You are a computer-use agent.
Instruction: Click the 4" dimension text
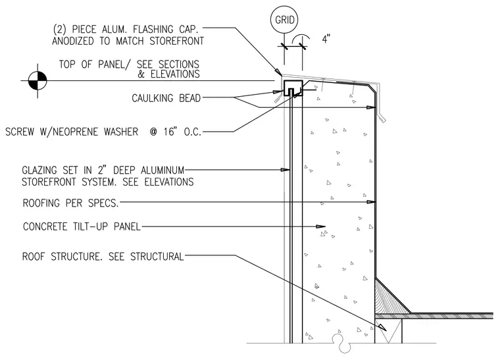[326, 39]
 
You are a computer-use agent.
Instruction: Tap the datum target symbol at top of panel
[37, 81]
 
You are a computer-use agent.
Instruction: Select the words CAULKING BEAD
[166, 98]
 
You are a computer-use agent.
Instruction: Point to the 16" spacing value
[170, 132]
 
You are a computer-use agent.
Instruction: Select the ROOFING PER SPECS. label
[70, 203]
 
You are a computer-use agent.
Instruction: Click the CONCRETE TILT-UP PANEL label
[82, 226]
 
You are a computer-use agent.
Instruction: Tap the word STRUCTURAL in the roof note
[157, 257]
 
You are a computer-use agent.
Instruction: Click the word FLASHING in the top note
[153, 30]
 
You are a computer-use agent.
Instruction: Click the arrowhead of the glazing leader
[286, 170]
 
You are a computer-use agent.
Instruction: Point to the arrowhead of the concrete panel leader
[320, 226]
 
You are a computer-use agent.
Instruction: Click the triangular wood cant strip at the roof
[390, 297]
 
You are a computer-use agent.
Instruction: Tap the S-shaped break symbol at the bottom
[342, 344]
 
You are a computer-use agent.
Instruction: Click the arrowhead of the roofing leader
[371, 202]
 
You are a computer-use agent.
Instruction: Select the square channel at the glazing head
[293, 88]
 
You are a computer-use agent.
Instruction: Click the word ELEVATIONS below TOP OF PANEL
[175, 74]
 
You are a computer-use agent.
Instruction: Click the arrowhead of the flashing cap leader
[279, 72]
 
